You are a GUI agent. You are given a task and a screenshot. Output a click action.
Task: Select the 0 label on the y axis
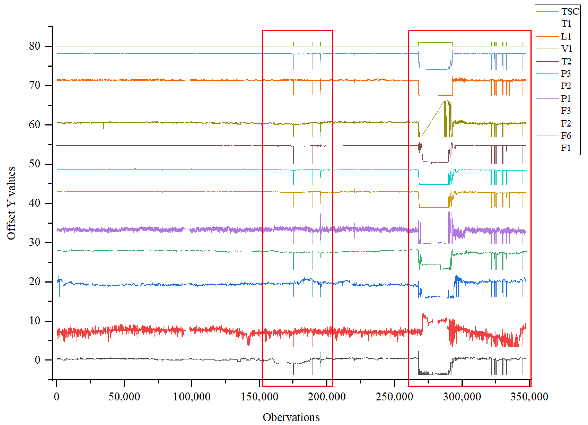(38, 360)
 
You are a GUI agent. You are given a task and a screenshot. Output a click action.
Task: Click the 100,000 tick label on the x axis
(192, 397)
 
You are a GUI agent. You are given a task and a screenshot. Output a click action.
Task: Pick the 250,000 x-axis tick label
(394, 397)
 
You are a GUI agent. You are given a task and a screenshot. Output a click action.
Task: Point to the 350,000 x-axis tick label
(529, 397)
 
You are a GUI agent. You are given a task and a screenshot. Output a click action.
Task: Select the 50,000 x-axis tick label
(124, 397)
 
